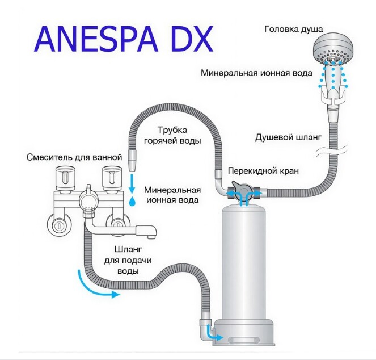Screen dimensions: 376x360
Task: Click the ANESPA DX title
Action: (x=124, y=40)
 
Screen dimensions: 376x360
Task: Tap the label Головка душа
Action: (x=294, y=30)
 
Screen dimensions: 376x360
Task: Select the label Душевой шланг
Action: (x=288, y=137)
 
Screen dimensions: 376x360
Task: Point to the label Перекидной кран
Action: (x=263, y=171)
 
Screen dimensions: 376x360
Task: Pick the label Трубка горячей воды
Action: (x=172, y=135)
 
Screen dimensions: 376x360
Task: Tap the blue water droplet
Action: (x=132, y=201)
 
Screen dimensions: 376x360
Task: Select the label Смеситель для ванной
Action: (x=74, y=157)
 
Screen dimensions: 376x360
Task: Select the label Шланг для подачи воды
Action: (x=128, y=260)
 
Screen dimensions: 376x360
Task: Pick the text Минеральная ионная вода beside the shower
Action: (x=256, y=73)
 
